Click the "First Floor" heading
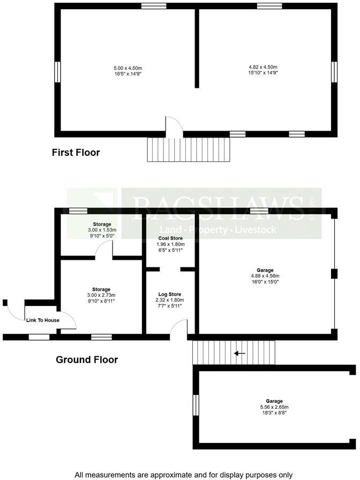pos(76,153)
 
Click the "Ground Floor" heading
pos(87,359)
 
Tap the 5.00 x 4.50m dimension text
pos(127,69)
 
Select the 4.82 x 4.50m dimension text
pos(262,67)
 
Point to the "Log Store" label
pos(169,295)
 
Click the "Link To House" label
pos(43,320)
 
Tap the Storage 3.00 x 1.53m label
pos(101,224)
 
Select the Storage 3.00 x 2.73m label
pos(101,290)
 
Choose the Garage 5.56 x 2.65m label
pos(274,401)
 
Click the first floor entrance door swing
pos(174,124)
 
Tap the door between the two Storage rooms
pos(107,249)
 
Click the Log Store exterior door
pos(181,328)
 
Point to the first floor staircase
pos(188,149)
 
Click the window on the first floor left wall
pos(57,72)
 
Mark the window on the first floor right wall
pos(334,72)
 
